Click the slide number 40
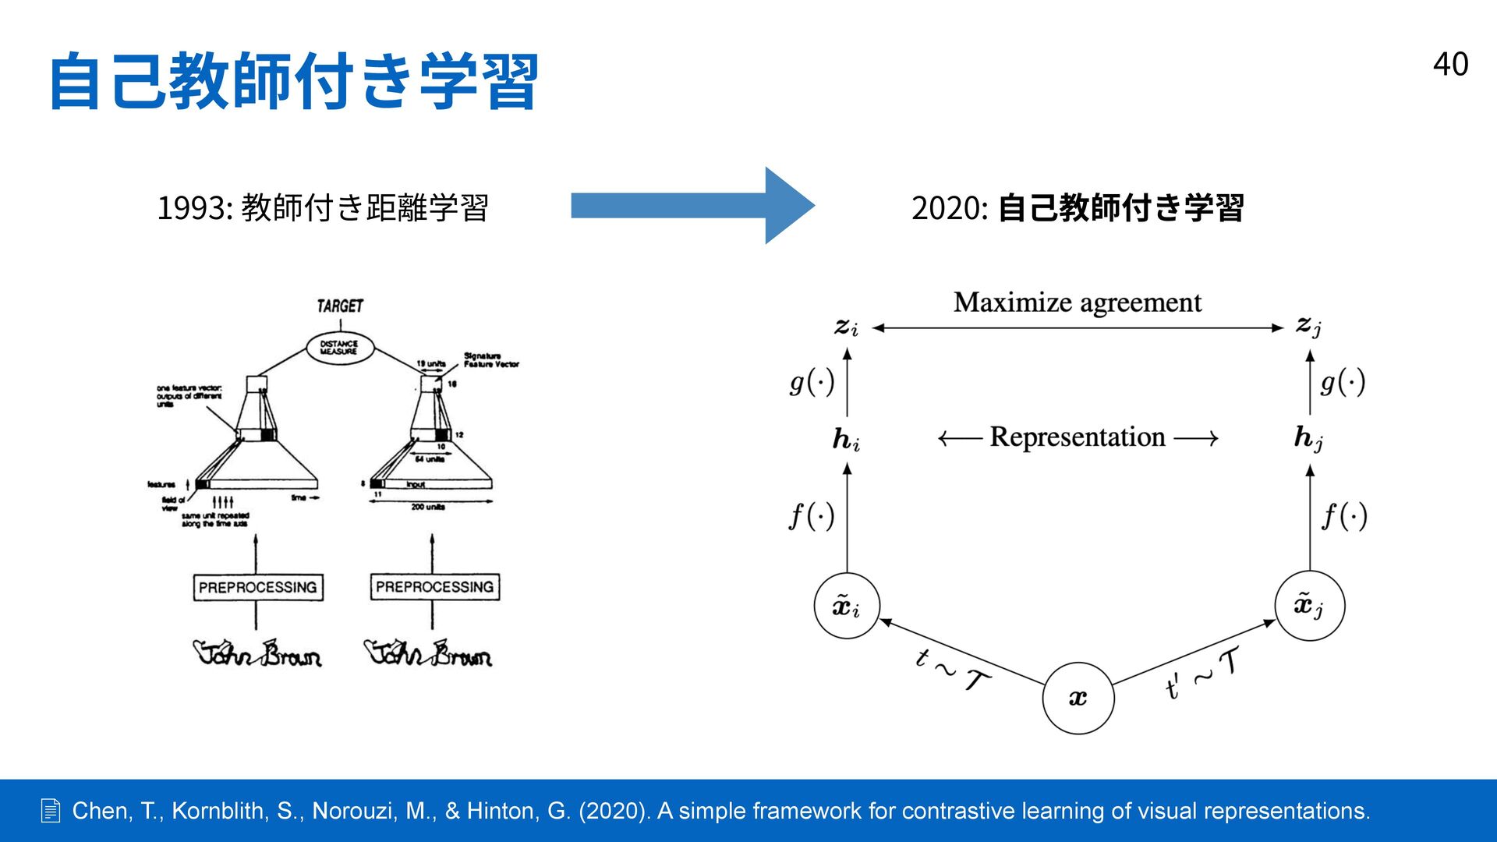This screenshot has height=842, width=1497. point(1450,64)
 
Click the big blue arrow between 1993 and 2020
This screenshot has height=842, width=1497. point(692,206)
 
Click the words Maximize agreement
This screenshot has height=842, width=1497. point(1077,302)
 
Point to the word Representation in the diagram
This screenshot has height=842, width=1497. point(1078,437)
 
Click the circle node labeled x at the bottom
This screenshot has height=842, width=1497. point(1078,698)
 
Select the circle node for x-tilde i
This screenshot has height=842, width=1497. point(847,606)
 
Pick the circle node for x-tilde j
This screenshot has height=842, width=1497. point(1309,605)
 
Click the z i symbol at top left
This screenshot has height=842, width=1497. point(846,327)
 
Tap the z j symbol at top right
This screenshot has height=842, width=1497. point(1308,326)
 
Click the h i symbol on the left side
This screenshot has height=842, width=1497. point(846,440)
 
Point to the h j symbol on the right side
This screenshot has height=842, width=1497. point(1308,438)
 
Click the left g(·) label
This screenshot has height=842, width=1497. point(812,382)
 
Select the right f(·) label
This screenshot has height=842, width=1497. point(1344,516)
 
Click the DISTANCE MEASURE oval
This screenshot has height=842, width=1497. point(339,348)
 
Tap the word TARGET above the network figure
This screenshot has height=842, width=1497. point(340,306)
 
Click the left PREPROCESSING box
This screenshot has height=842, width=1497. point(258,587)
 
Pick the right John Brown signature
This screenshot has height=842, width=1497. point(428,653)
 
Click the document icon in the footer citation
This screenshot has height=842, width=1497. point(51,811)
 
